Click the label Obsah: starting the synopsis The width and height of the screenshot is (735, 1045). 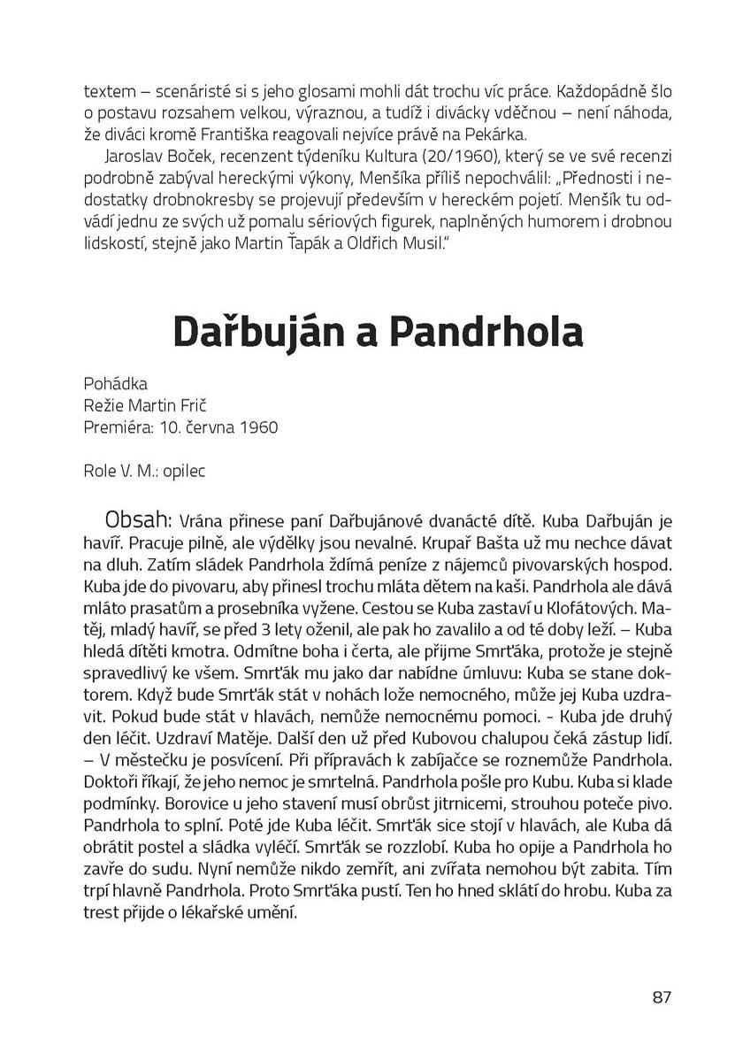click(141, 518)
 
